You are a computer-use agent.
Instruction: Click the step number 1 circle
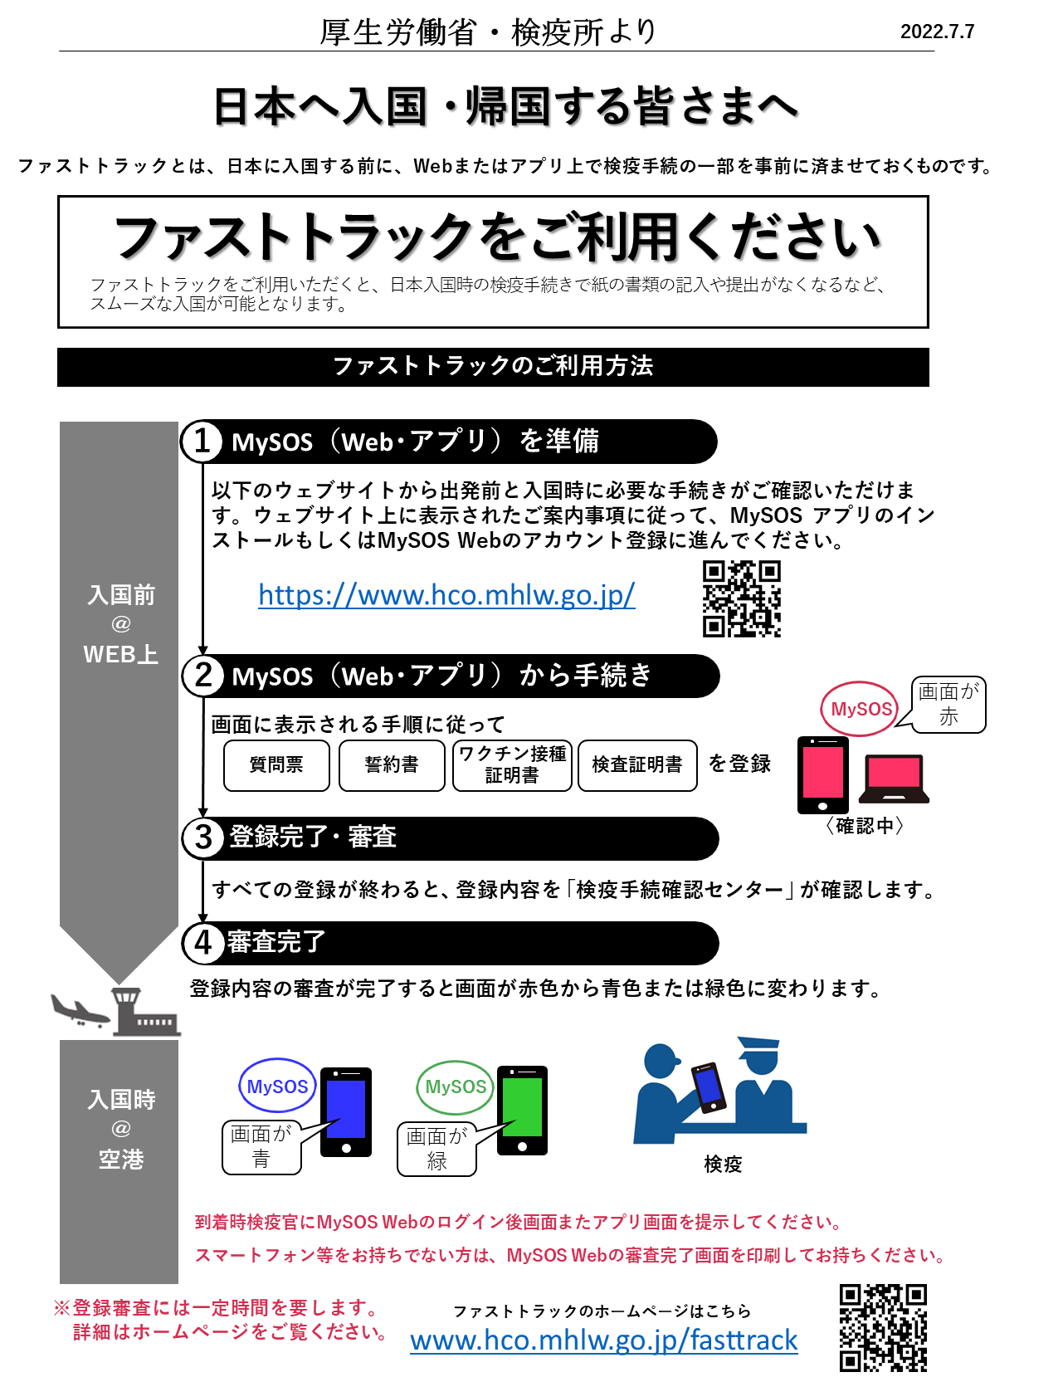point(202,442)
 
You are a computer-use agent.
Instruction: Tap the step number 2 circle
point(203,676)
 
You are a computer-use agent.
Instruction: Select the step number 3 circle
point(203,837)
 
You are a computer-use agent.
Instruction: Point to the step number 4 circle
point(203,943)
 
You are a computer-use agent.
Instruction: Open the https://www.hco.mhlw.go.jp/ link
point(446,595)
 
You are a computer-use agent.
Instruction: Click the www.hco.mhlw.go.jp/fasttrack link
point(603,1340)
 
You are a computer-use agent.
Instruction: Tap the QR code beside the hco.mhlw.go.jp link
point(741,598)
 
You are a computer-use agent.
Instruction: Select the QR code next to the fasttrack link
point(883,1328)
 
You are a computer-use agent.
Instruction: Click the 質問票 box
point(276,765)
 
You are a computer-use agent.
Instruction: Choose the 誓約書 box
point(392,765)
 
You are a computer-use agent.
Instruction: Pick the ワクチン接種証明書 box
point(512,765)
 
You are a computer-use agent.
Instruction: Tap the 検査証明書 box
point(637,765)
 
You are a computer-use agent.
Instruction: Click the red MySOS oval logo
point(860,710)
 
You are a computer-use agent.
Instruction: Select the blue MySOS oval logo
point(277,1086)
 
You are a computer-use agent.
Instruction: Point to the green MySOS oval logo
point(456,1087)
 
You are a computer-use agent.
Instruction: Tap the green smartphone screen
point(522,1107)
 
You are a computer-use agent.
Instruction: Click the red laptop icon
point(894,779)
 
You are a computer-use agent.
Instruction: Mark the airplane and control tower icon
point(117,1013)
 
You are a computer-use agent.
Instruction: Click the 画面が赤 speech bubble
point(948,704)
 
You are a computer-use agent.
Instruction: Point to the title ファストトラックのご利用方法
point(493,366)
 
